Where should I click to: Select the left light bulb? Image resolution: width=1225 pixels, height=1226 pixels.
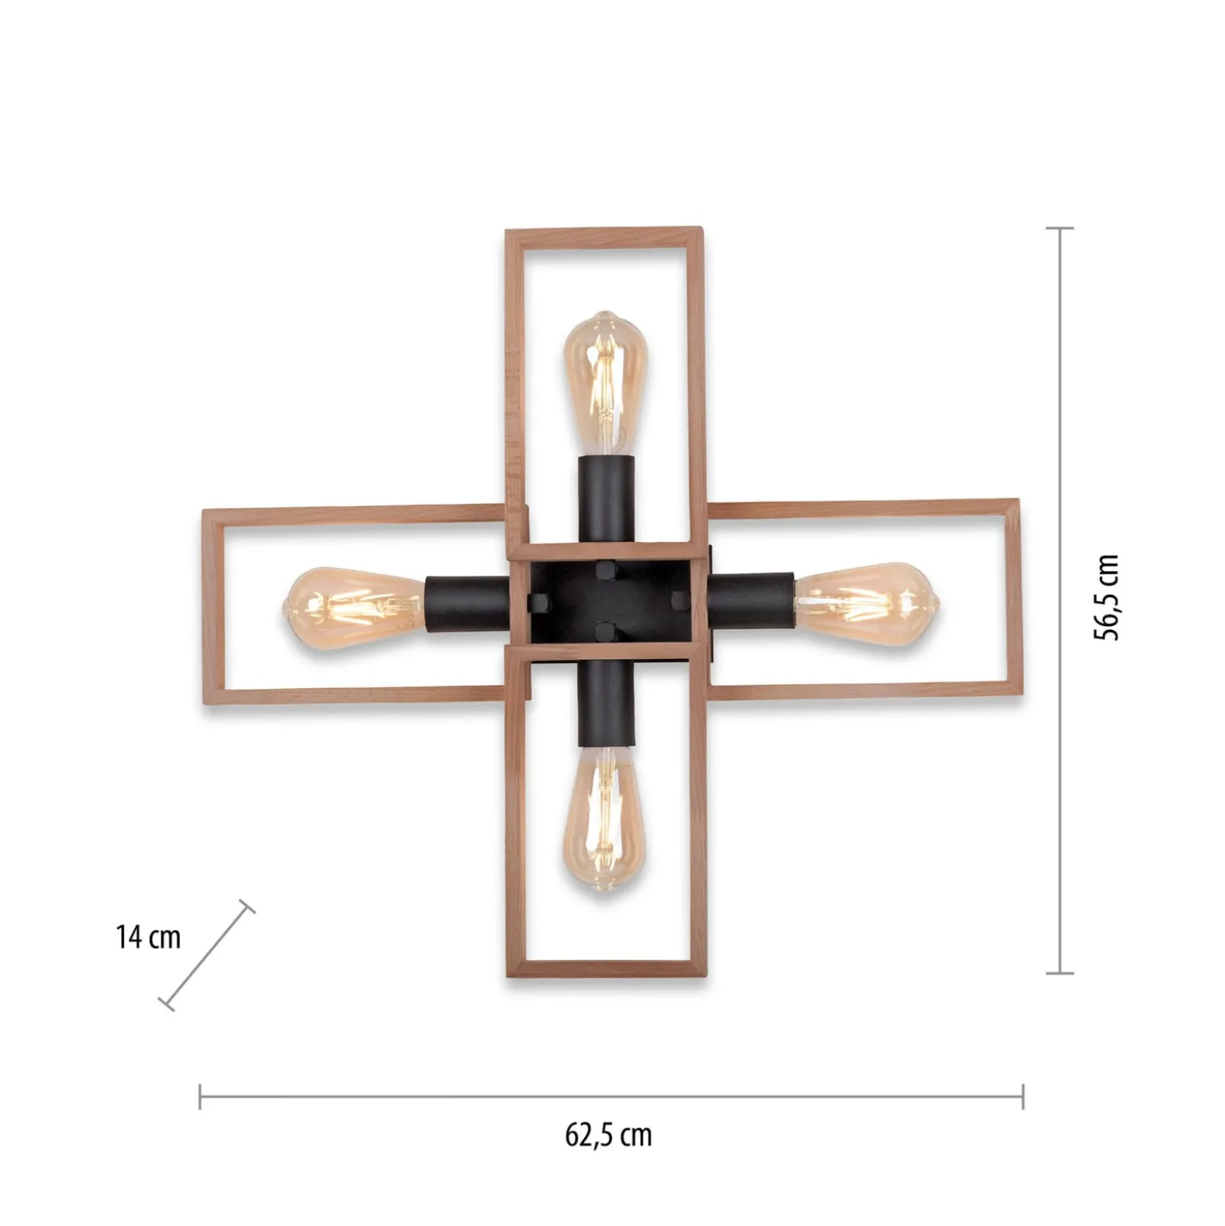tap(354, 606)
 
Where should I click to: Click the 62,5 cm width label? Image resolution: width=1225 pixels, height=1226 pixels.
tap(609, 1135)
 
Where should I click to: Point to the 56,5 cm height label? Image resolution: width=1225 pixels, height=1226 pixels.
tap(1106, 597)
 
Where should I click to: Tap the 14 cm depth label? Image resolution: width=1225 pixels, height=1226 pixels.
tap(148, 937)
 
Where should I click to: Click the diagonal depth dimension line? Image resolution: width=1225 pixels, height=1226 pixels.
tap(207, 955)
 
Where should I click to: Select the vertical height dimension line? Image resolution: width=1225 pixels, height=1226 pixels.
tap(1060, 601)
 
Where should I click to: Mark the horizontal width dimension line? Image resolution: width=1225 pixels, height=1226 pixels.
tap(612, 1096)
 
